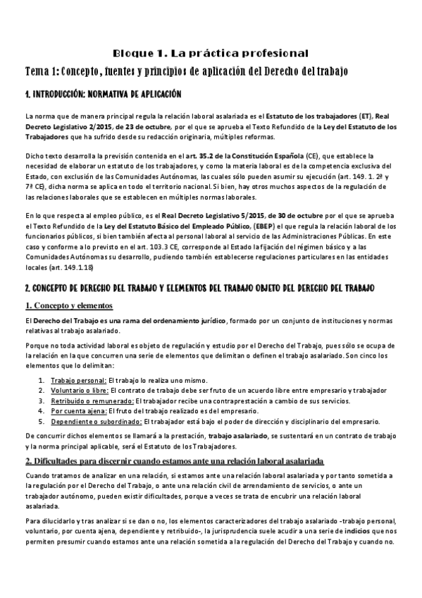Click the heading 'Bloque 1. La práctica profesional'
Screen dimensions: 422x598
(211, 53)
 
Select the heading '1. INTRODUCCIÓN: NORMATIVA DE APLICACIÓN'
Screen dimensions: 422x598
(103, 94)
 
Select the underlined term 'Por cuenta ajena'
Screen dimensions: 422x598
(77, 411)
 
